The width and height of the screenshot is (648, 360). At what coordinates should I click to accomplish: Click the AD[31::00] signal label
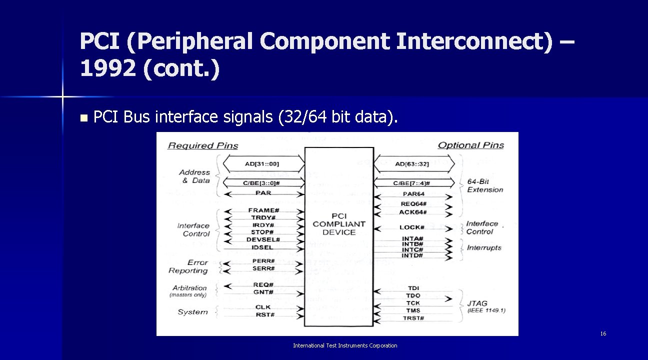262,164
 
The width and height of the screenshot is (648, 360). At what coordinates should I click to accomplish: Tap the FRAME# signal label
263,210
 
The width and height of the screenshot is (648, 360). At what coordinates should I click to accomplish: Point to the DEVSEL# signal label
263,239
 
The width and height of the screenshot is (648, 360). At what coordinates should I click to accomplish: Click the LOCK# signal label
412,227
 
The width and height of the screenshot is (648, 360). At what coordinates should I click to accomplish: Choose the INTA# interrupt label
412,239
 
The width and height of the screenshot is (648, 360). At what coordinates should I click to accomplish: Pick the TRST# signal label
413,318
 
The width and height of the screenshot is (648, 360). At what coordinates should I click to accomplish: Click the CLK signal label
263,307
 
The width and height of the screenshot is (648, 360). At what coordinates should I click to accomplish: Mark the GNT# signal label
263,292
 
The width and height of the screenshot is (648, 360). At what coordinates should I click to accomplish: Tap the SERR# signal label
263,268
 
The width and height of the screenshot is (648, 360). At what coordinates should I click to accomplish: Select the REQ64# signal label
413,204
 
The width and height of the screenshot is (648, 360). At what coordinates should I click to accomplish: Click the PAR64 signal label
413,194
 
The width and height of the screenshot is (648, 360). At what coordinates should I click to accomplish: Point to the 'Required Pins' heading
203,145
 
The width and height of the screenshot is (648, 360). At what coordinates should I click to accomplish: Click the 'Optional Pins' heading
470,145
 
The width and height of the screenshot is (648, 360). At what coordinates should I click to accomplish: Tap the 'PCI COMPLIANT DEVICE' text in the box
339,224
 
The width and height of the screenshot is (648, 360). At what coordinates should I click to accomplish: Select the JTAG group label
477,303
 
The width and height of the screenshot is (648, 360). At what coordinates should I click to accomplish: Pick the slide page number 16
603,333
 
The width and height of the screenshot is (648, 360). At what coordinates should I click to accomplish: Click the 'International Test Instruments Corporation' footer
345,345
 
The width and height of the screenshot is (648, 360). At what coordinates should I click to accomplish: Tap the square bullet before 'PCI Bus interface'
83,118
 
